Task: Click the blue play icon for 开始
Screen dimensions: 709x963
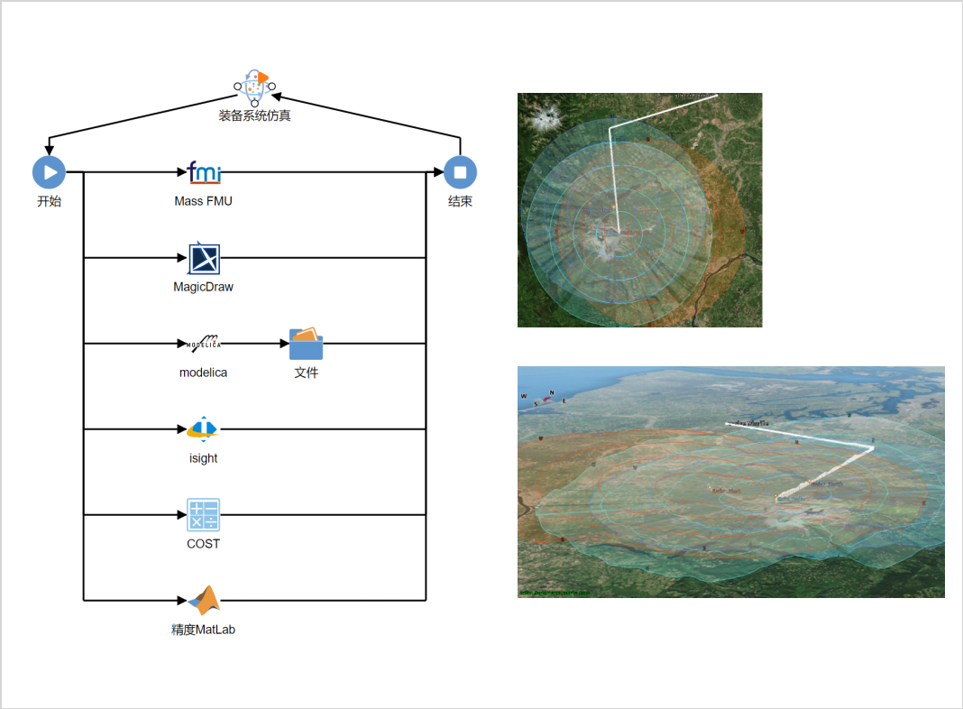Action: pyautogui.click(x=49, y=172)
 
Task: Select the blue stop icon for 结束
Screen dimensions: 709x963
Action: pyautogui.click(x=460, y=172)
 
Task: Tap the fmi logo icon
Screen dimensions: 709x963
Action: pyautogui.click(x=204, y=171)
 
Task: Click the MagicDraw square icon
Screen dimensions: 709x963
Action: pyautogui.click(x=204, y=258)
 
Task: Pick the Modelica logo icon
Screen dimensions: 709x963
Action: pyautogui.click(x=204, y=343)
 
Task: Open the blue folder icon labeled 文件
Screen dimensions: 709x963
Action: pyautogui.click(x=306, y=344)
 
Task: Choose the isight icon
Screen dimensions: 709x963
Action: pyautogui.click(x=203, y=429)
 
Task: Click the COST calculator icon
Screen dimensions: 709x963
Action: pyautogui.click(x=203, y=515)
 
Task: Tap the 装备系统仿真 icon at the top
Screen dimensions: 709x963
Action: pyautogui.click(x=254, y=87)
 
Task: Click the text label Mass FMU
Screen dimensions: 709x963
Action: pyautogui.click(x=203, y=201)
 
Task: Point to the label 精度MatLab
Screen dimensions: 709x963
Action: pyautogui.click(x=203, y=630)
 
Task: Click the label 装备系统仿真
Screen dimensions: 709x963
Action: pyautogui.click(x=254, y=115)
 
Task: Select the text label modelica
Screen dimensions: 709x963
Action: pyautogui.click(x=203, y=373)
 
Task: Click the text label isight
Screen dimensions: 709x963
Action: pyautogui.click(x=203, y=458)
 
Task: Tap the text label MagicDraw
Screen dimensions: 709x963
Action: pyautogui.click(x=203, y=287)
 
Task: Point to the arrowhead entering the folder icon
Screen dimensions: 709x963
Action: pyautogui.click(x=283, y=344)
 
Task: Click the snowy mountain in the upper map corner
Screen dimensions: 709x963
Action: pyautogui.click(x=546, y=116)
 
